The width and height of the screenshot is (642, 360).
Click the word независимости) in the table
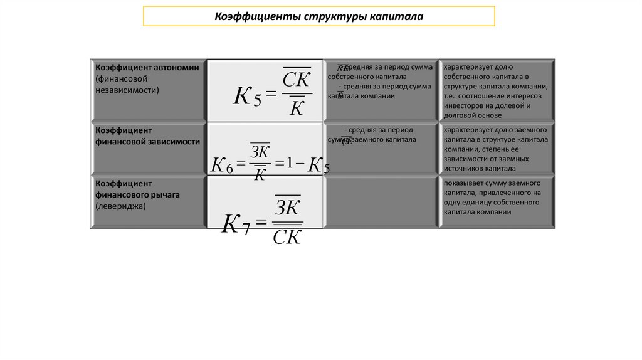(x=128, y=90)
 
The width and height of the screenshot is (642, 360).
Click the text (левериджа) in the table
(x=121, y=206)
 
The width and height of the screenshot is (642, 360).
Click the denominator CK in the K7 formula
(x=288, y=237)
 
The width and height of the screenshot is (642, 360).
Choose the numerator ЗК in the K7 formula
(x=288, y=208)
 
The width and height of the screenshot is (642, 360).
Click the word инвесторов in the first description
(x=465, y=105)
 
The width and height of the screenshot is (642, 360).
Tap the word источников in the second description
(x=463, y=168)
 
